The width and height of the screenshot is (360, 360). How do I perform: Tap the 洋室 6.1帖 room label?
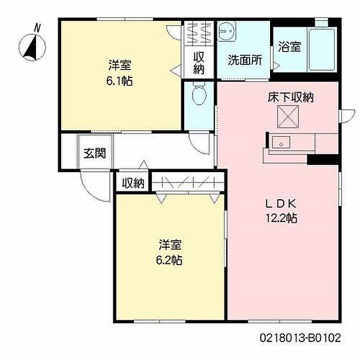point(120,71)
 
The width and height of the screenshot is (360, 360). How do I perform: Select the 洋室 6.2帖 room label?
point(170,253)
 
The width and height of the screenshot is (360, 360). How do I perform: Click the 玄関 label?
point(94,153)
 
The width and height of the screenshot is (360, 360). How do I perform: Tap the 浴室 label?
point(290,47)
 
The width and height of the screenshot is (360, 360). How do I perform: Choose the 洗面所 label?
point(244,60)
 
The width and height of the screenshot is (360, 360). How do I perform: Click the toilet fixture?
point(199,94)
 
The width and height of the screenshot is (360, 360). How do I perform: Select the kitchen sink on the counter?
point(280,143)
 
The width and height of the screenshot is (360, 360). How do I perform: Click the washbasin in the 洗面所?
point(227,31)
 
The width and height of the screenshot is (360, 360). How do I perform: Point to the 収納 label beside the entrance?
point(133,183)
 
